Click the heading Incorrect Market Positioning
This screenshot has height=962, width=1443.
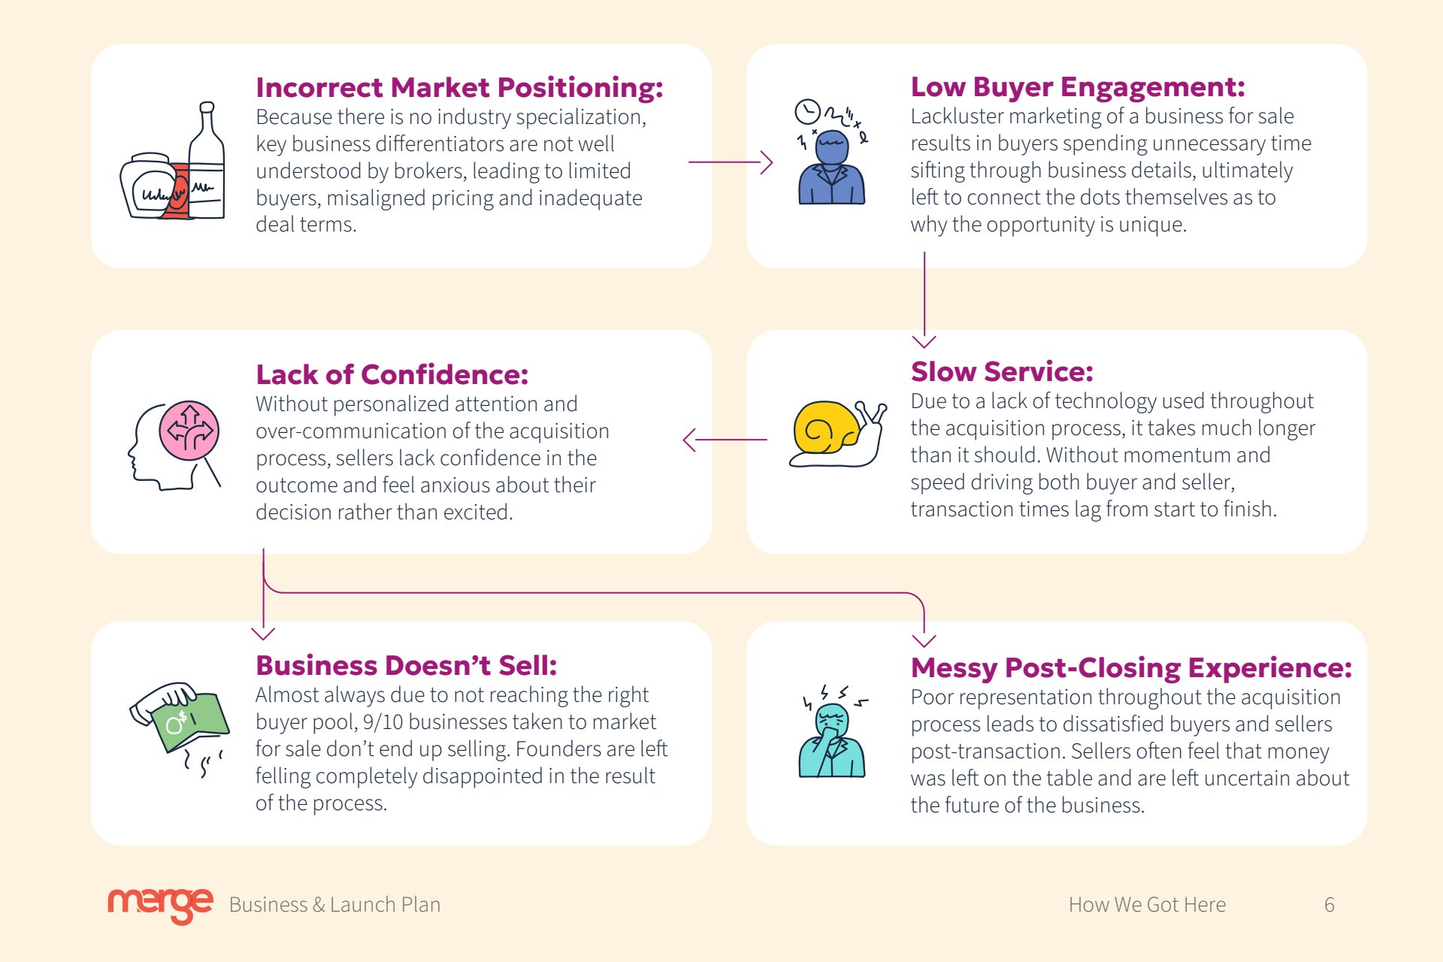[459, 88]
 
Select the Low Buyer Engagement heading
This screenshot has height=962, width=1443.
[1078, 87]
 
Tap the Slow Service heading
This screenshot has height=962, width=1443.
[1002, 371]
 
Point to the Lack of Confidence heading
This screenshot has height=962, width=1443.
[392, 374]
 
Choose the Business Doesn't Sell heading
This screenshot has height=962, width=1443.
[406, 666]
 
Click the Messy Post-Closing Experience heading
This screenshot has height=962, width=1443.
[1131, 667]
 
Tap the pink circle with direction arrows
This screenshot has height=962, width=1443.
[189, 431]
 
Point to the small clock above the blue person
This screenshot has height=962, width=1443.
[808, 112]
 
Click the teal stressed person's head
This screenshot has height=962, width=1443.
[832, 721]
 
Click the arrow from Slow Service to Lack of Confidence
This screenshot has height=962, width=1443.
[725, 440]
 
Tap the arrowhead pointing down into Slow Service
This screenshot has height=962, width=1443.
[924, 342]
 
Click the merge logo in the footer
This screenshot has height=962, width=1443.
[160, 905]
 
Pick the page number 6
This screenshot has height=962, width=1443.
[1330, 905]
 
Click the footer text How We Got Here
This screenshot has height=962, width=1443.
[1147, 905]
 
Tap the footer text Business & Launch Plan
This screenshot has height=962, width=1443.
[334, 905]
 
